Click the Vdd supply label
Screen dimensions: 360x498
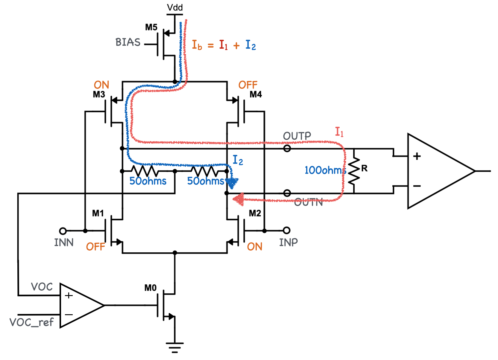click(175, 7)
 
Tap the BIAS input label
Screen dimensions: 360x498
click(128, 42)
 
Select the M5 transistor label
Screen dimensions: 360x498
click(151, 27)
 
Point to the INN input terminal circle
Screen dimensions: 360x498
click(63, 231)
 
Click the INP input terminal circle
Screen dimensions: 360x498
click(286, 230)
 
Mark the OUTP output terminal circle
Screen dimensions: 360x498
click(287, 148)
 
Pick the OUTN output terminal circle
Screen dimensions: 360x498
click(287, 193)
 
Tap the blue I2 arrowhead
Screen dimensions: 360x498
click(232, 183)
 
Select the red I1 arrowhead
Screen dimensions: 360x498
click(239, 199)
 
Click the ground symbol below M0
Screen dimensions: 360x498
click(175, 347)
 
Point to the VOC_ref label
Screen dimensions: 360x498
click(31, 322)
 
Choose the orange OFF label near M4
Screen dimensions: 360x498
click(248, 85)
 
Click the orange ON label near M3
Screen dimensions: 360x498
click(101, 85)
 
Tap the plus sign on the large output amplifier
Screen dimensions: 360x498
click(417, 156)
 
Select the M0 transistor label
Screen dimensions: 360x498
click(150, 288)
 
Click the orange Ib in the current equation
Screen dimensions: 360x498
click(197, 45)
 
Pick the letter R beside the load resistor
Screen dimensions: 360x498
click(364, 168)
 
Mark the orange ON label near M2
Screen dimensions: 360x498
click(255, 247)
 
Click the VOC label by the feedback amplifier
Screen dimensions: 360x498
click(42, 287)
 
